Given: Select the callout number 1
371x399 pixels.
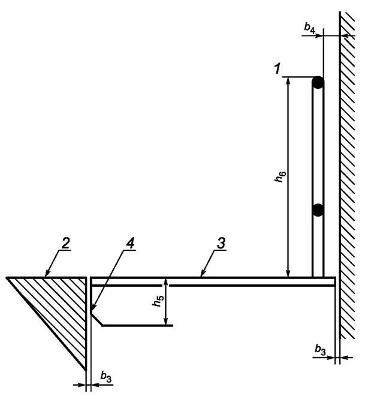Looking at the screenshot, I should point(277,70).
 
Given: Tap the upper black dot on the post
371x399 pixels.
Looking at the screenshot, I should point(318,81).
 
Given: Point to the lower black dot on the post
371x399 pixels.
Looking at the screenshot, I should point(318,210).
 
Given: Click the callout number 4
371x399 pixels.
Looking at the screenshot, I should point(129,243).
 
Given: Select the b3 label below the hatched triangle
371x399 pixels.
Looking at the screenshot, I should point(105,377).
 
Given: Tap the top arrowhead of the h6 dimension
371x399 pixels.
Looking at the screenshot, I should point(289,82).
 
